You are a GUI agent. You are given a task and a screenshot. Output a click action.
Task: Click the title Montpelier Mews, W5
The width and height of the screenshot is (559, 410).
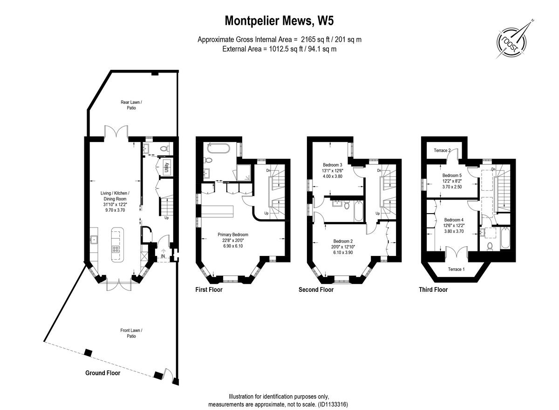pos(279,21)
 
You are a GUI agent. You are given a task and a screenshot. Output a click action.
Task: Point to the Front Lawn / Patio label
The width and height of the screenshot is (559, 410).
pos(131,333)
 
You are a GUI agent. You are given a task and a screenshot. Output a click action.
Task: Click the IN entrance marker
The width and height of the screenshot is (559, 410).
pos(163,256)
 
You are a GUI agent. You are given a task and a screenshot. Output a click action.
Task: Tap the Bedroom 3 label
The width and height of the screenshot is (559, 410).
pos(333,165)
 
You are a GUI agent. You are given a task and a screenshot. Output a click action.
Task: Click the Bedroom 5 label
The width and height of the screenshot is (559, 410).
pos(452,175)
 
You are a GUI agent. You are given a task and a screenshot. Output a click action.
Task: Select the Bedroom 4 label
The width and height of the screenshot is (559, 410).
pos(453,220)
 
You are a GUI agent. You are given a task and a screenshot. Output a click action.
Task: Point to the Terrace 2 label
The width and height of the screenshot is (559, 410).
pos(442,150)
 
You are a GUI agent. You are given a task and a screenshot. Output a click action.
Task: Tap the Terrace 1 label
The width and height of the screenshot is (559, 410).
pos(456,269)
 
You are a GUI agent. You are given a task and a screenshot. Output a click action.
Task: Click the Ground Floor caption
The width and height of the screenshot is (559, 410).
pos(102,373)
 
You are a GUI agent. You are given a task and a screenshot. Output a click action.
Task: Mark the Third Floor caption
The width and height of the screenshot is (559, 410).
pos(433,289)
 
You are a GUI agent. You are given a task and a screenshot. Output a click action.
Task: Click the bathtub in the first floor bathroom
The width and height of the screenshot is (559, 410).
pos(218,149)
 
